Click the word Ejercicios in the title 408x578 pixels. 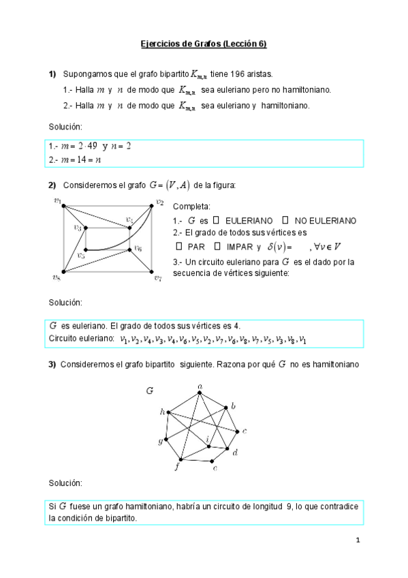[x=158, y=44]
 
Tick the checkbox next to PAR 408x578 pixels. [x=179, y=247]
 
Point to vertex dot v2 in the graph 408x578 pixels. [x=150, y=204]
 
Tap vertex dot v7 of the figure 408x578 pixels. [x=150, y=272]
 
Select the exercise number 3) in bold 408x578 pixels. [x=52, y=365]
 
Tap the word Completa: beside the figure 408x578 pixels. [x=192, y=207]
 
